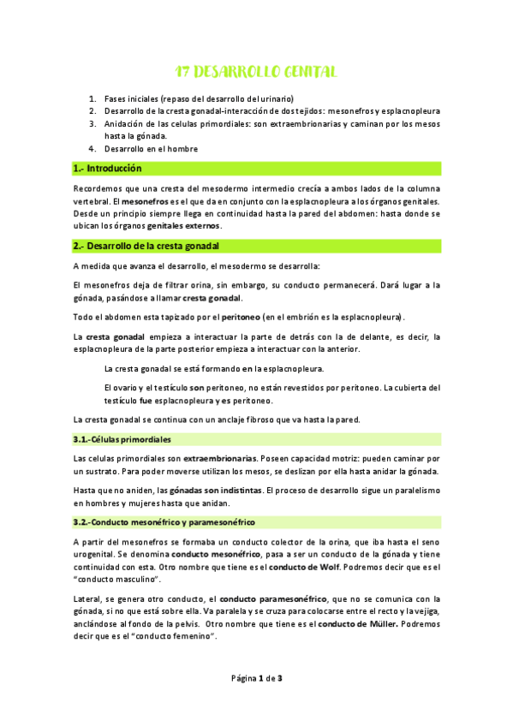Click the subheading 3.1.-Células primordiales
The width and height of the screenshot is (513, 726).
122,439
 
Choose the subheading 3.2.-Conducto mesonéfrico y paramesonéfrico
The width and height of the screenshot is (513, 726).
164,521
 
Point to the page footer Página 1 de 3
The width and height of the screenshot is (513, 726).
256,679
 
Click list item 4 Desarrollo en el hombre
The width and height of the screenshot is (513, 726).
151,148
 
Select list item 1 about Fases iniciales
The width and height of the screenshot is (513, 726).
199,98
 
